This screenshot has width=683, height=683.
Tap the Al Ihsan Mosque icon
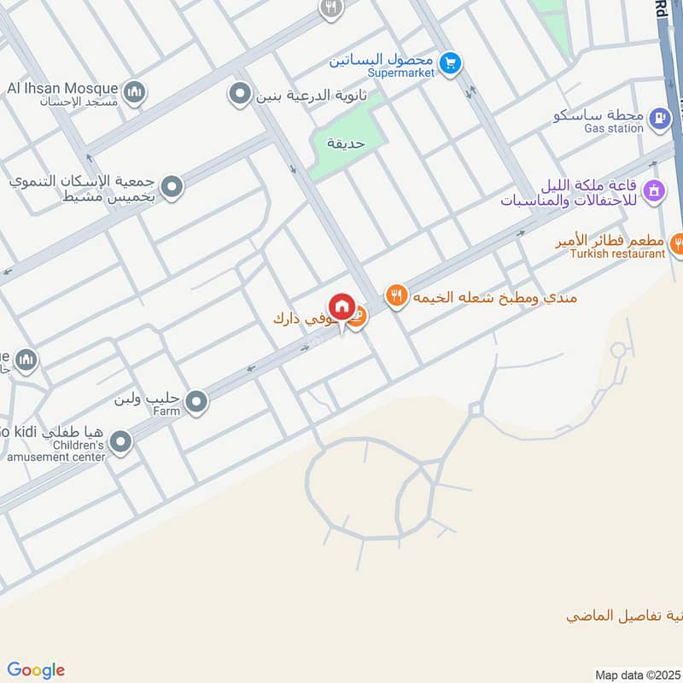[133, 91]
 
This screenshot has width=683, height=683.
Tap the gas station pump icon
[659, 119]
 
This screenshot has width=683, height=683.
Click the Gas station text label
[613, 128]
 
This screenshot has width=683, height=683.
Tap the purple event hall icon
[654, 190]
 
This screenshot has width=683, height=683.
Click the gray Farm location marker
[197, 401]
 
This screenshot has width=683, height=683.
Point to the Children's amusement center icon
[122, 442]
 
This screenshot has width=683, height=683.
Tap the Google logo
[35, 670]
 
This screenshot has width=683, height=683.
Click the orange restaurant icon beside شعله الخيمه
[395, 295]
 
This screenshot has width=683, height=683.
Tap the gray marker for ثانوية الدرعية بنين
[241, 93]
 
